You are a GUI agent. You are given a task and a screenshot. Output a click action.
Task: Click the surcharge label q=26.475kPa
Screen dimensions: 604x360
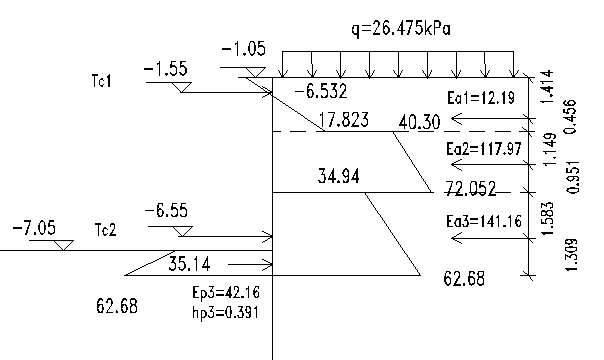point(401,29)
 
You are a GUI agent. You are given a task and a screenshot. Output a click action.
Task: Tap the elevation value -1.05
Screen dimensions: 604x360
point(243,49)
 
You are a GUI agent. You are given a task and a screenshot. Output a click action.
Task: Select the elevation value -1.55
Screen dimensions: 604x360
point(166,69)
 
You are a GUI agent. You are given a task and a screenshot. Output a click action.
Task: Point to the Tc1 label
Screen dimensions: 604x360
point(102,81)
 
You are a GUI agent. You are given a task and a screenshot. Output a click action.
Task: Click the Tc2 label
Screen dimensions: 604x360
point(105,230)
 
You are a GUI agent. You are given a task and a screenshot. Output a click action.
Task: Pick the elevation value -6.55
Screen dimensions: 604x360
point(166,211)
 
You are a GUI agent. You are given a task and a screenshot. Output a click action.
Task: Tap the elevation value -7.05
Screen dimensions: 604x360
point(34,228)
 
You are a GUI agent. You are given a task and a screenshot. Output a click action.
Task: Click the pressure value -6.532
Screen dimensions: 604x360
point(320,92)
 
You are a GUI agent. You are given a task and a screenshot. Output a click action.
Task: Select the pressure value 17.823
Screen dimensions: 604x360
point(344,120)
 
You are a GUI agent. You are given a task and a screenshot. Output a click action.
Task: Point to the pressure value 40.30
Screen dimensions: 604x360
point(419,122)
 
